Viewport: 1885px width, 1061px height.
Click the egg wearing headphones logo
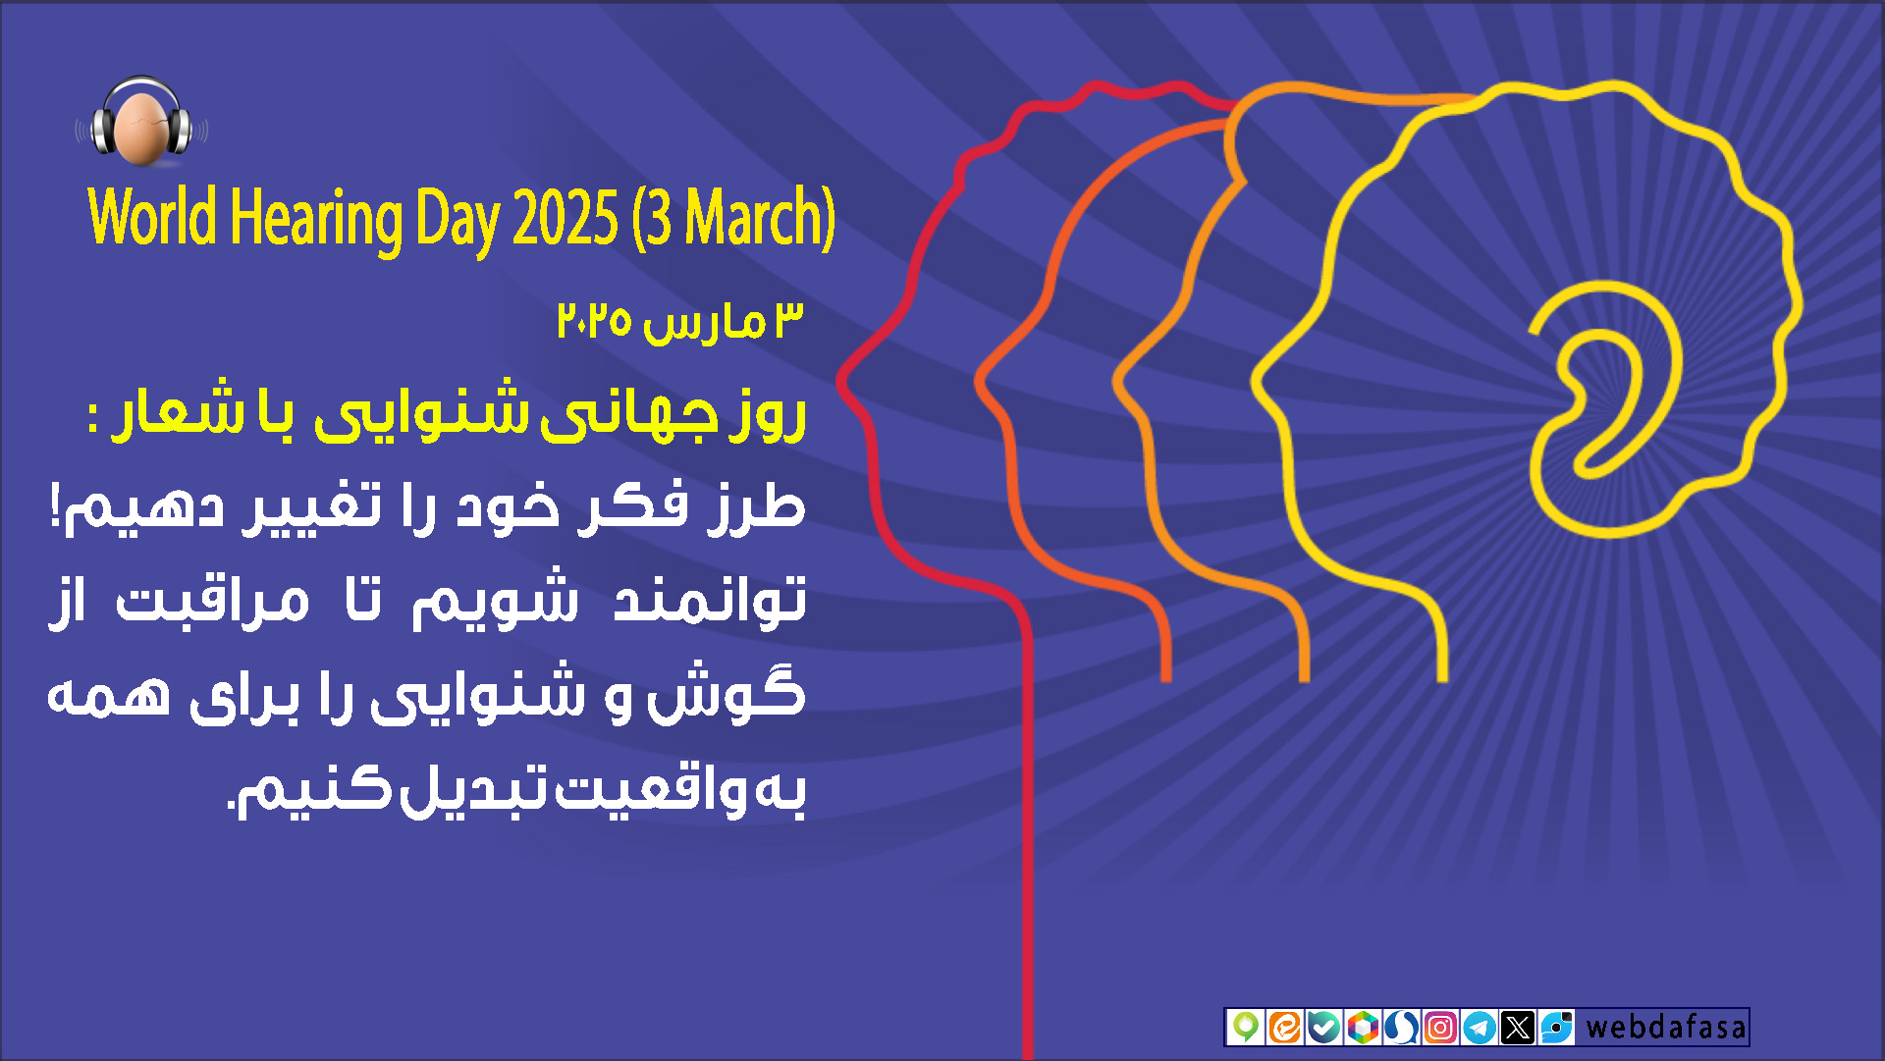click(x=142, y=122)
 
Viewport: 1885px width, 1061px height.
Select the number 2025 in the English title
click(x=565, y=218)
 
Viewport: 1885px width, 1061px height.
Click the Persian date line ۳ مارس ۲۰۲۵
click(x=680, y=321)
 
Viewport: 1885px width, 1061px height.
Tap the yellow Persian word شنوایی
click(x=421, y=410)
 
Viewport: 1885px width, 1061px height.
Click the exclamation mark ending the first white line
click(x=57, y=505)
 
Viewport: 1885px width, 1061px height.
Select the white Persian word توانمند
click(x=710, y=598)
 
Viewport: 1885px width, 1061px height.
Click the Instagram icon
click(x=1440, y=1028)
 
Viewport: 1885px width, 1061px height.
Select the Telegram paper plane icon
click(x=1480, y=1028)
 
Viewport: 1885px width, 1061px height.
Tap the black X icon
click(x=1518, y=1028)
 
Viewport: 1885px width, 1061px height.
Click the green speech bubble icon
click(x=1246, y=1028)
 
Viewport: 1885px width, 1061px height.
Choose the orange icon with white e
click(x=1285, y=1028)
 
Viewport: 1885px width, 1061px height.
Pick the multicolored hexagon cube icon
click(x=1363, y=1028)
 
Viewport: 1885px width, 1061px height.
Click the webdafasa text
click(x=1666, y=1028)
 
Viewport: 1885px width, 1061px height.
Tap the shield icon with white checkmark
click(x=1323, y=1028)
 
